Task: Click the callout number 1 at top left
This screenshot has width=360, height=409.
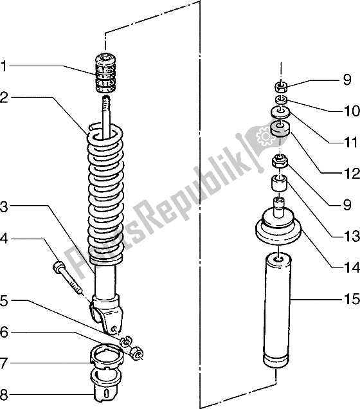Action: pos(3,66)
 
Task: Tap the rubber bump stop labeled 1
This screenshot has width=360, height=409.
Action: pos(105,73)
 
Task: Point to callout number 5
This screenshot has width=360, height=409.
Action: pos(4,300)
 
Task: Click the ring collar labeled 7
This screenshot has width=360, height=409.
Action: pos(106,356)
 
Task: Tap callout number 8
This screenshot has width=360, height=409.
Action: pos(4,395)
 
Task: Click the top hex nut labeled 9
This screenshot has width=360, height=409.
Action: pos(281,87)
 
